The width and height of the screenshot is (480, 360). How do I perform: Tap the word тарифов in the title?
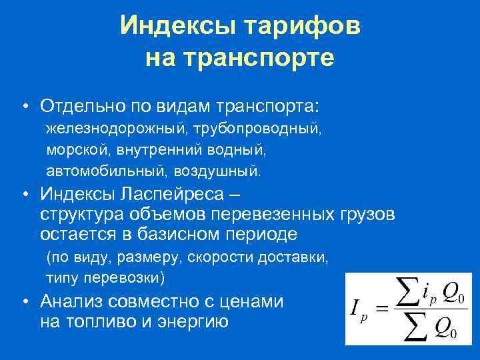[303, 27]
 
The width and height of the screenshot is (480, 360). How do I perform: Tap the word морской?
[75, 149]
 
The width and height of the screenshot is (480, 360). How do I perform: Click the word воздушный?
[217, 171]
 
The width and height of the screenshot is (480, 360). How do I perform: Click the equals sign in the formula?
[381, 308]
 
